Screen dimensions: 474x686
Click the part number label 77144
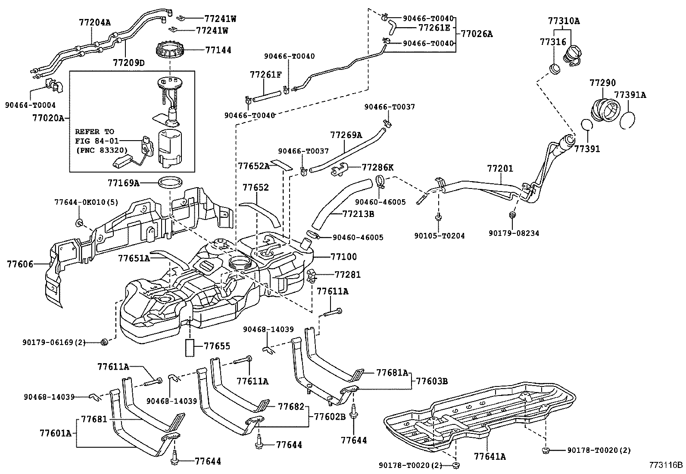(218, 50)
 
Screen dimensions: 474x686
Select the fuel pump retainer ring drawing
(170, 50)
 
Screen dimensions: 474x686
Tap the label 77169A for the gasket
(123, 183)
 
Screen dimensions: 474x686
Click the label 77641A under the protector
(490, 456)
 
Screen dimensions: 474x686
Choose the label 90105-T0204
(440, 236)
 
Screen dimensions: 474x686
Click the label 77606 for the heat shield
(20, 264)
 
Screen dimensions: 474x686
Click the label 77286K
(377, 167)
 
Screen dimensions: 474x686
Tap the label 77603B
(432, 381)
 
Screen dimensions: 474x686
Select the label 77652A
(253, 166)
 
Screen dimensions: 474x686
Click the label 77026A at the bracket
(477, 34)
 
